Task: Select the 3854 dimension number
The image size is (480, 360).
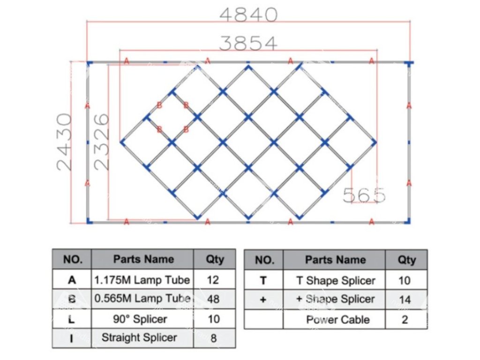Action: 248,43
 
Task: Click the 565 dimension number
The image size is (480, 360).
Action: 364,195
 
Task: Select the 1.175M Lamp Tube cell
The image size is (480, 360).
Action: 142,280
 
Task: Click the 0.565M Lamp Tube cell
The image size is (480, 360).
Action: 142,299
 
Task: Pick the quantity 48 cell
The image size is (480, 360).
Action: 213,299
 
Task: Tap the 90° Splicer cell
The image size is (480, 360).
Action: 142,319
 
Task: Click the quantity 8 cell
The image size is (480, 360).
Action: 213,337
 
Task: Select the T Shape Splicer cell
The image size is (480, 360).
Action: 336,280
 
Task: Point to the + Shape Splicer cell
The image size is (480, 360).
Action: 336,299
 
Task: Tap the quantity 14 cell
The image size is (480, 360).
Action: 404,299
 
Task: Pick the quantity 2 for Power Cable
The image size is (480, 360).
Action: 405,320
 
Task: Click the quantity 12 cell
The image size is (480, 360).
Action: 213,280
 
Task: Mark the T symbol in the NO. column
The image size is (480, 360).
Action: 263,280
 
